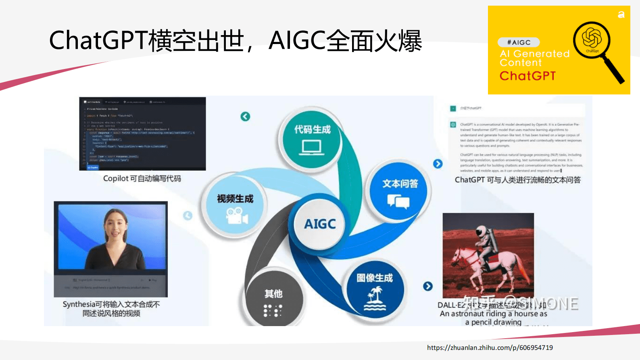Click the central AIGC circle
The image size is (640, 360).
pyautogui.click(x=320, y=224)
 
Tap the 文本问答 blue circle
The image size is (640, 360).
pyautogui.click(x=399, y=191)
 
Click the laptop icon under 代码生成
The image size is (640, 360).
pyautogui.click(x=312, y=147)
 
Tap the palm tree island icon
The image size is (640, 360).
pyautogui.click(x=375, y=299)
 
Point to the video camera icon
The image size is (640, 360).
pyautogui.click(x=237, y=216)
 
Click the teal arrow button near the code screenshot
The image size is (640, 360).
pyautogui.click(x=245, y=117)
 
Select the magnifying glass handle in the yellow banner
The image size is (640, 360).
pyautogui.click(x=613, y=71)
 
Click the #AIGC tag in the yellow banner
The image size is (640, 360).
pyautogui.click(x=519, y=42)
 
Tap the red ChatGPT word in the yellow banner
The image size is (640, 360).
pyautogui.click(x=527, y=76)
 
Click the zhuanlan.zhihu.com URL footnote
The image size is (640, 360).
pyautogui.click(x=490, y=347)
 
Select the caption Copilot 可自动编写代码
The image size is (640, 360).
pyautogui.click(x=142, y=178)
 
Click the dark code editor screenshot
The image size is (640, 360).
pyautogui.click(x=142, y=134)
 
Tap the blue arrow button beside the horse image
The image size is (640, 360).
pyautogui.click(x=428, y=286)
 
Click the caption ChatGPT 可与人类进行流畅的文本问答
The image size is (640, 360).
pyautogui.click(x=518, y=180)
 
